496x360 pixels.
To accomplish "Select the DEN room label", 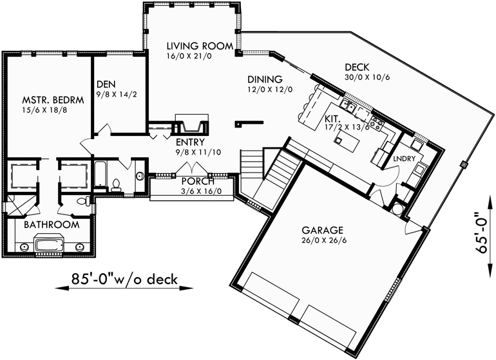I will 106,84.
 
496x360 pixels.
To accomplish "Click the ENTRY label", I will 190,142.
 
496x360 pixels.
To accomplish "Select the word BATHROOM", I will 52,225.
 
